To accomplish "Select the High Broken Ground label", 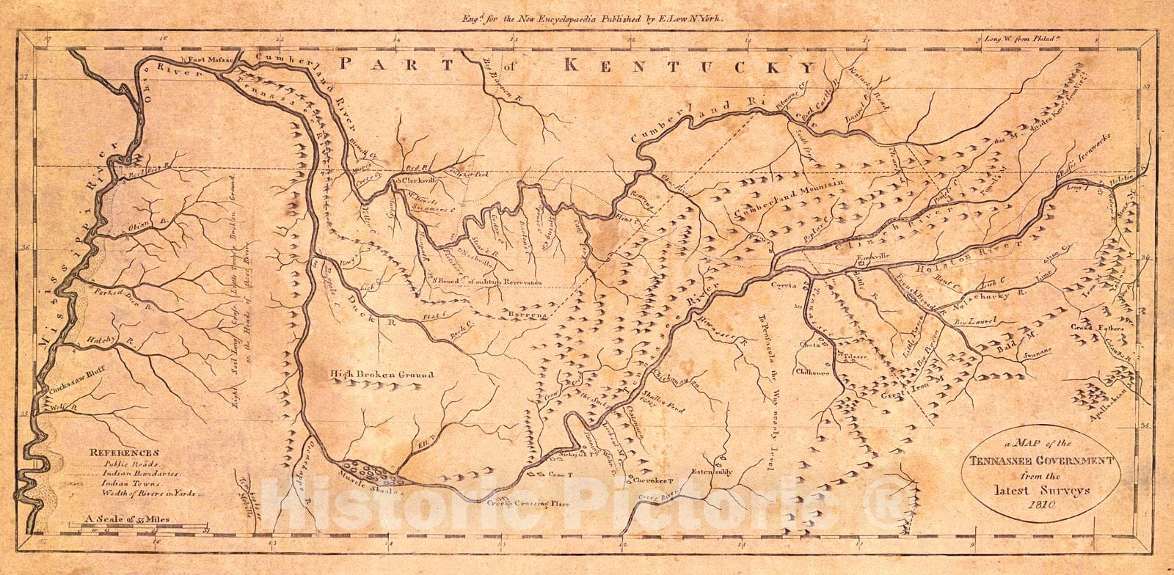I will click(x=382, y=375).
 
